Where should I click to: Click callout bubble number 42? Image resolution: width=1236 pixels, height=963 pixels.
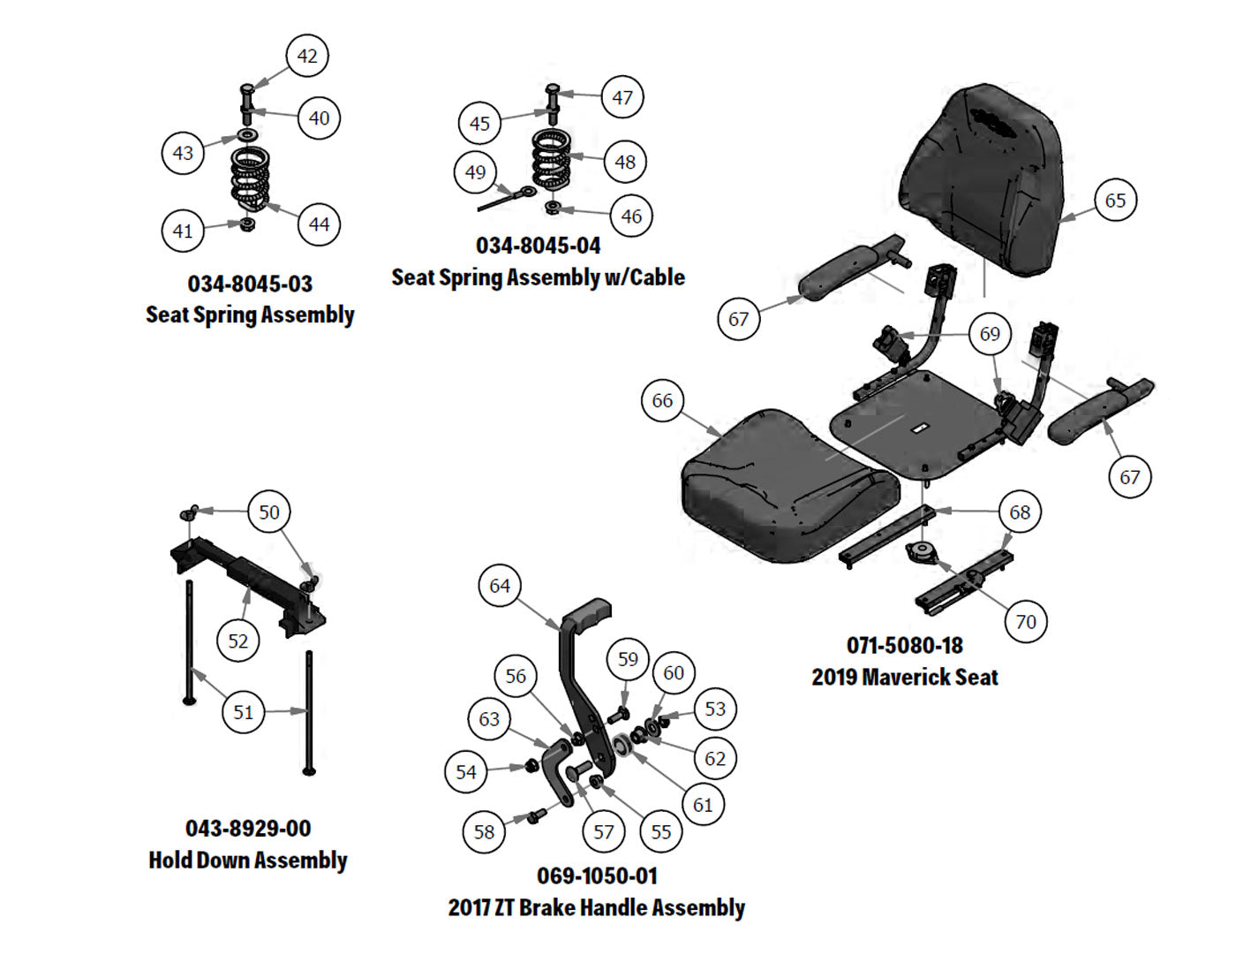point(307,56)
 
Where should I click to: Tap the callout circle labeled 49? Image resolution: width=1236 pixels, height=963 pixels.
point(476,172)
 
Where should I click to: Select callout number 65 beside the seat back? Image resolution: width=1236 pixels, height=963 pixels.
point(1115,201)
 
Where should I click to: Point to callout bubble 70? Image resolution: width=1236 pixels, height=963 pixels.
point(1026,621)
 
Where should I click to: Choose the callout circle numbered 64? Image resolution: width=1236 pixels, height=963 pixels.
point(500,586)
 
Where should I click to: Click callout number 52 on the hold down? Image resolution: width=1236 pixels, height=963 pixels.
point(238,641)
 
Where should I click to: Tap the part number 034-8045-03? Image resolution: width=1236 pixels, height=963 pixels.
point(250,284)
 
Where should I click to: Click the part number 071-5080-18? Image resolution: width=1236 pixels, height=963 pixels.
point(904,646)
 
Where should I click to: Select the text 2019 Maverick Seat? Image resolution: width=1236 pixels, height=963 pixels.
point(904,678)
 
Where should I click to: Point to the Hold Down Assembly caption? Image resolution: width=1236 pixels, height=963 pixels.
point(248,861)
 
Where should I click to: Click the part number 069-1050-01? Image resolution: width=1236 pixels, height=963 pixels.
point(597,876)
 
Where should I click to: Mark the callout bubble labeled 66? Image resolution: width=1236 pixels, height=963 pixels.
point(662,401)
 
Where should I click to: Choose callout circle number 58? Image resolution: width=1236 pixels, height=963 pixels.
point(484,831)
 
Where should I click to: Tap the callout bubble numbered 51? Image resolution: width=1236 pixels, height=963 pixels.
point(244,712)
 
